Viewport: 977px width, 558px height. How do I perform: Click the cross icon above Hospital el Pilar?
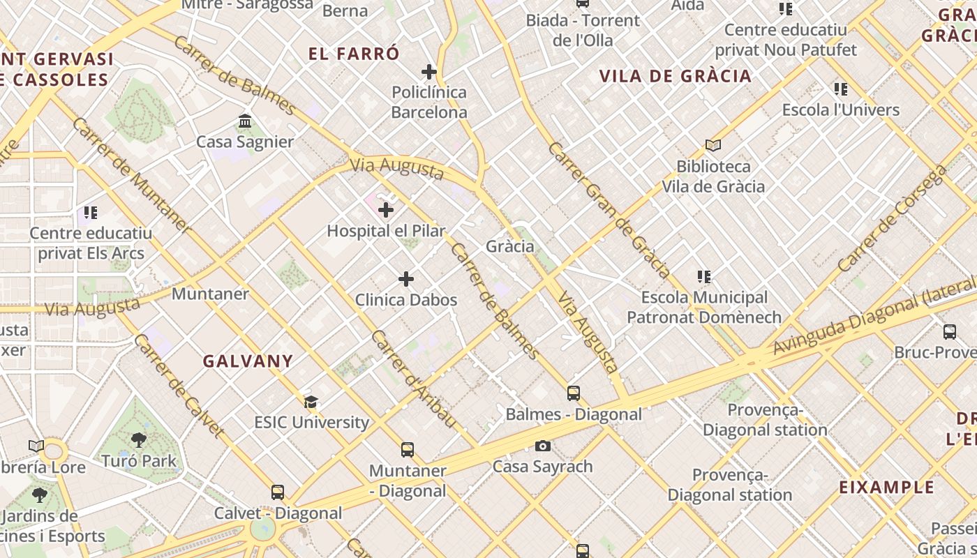tap(386, 210)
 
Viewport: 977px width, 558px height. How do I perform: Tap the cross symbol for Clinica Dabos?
tap(406, 280)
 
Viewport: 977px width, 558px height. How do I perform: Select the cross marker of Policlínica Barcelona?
tap(429, 72)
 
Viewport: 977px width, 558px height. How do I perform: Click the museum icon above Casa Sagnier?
tap(245, 121)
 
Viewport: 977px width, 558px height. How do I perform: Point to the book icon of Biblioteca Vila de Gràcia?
tap(713, 146)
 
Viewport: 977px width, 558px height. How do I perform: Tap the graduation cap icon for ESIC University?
tap(311, 402)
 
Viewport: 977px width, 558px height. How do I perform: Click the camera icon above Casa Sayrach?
tap(543, 446)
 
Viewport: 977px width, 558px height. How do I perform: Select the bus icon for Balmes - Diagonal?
tap(574, 393)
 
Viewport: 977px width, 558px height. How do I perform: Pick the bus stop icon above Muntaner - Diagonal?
tap(408, 450)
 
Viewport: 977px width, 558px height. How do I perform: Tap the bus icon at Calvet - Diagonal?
tap(278, 492)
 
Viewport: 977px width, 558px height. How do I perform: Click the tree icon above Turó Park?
tap(139, 440)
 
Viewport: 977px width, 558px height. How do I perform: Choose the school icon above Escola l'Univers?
tap(841, 89)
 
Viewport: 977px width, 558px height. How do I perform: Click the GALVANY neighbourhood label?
tap(248, 361)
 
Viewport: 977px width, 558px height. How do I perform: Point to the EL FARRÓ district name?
tap(355, 54)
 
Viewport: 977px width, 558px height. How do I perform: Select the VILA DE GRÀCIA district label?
tap(676, 76)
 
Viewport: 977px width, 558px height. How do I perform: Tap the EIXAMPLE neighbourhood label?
tap(886, 487)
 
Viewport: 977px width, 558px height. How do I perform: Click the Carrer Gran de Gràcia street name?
tap(609, 210)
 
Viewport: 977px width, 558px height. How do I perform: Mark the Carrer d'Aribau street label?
tap(413, 379)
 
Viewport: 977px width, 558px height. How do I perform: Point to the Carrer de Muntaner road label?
tap(130, 175)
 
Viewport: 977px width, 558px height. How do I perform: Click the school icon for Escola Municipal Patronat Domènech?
tap(704, 277)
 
